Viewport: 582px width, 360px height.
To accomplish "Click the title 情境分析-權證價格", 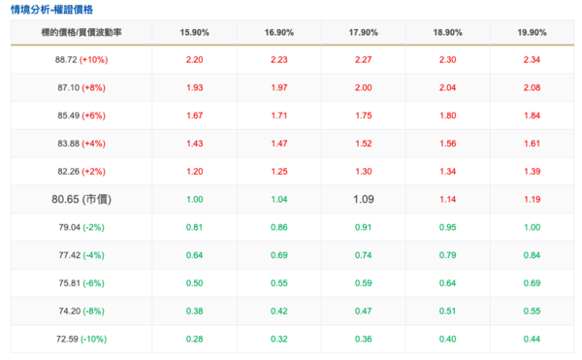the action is click(51, 10).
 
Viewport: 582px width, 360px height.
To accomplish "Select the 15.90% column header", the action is click(195, 33).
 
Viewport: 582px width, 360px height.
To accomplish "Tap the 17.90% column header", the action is click(364, 33).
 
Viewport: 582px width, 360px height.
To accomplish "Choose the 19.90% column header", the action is click(532, 33).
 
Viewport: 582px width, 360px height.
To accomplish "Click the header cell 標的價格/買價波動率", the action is click(81, 33).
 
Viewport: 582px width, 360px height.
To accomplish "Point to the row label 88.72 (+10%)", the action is click(81, 60).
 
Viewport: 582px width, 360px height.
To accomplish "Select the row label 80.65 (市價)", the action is click(81, 199).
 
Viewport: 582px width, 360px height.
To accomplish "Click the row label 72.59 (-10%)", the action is click(81, 339).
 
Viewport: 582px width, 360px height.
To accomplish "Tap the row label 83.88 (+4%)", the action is click(81, 144).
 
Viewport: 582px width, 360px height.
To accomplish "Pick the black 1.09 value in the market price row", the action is click(364, 199).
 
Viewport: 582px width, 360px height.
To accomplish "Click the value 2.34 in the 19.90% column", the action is click(532, 60).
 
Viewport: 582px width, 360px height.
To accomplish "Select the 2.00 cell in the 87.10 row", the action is click(364, 87).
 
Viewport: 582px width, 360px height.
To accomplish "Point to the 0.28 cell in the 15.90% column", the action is click(195, 339).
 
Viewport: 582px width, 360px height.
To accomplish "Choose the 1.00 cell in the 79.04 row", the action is click(532, 227).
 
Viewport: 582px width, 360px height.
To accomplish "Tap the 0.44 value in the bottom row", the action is click(532, 339).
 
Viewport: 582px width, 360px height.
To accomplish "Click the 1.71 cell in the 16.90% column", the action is click(279, 115).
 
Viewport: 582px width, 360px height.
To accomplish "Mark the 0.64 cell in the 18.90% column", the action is click(447, 282).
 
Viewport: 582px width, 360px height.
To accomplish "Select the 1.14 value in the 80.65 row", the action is click(447, 199).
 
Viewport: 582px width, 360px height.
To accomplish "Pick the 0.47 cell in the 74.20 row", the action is click(364, 311).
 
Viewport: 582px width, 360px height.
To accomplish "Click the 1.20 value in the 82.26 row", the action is click(195, 172).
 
